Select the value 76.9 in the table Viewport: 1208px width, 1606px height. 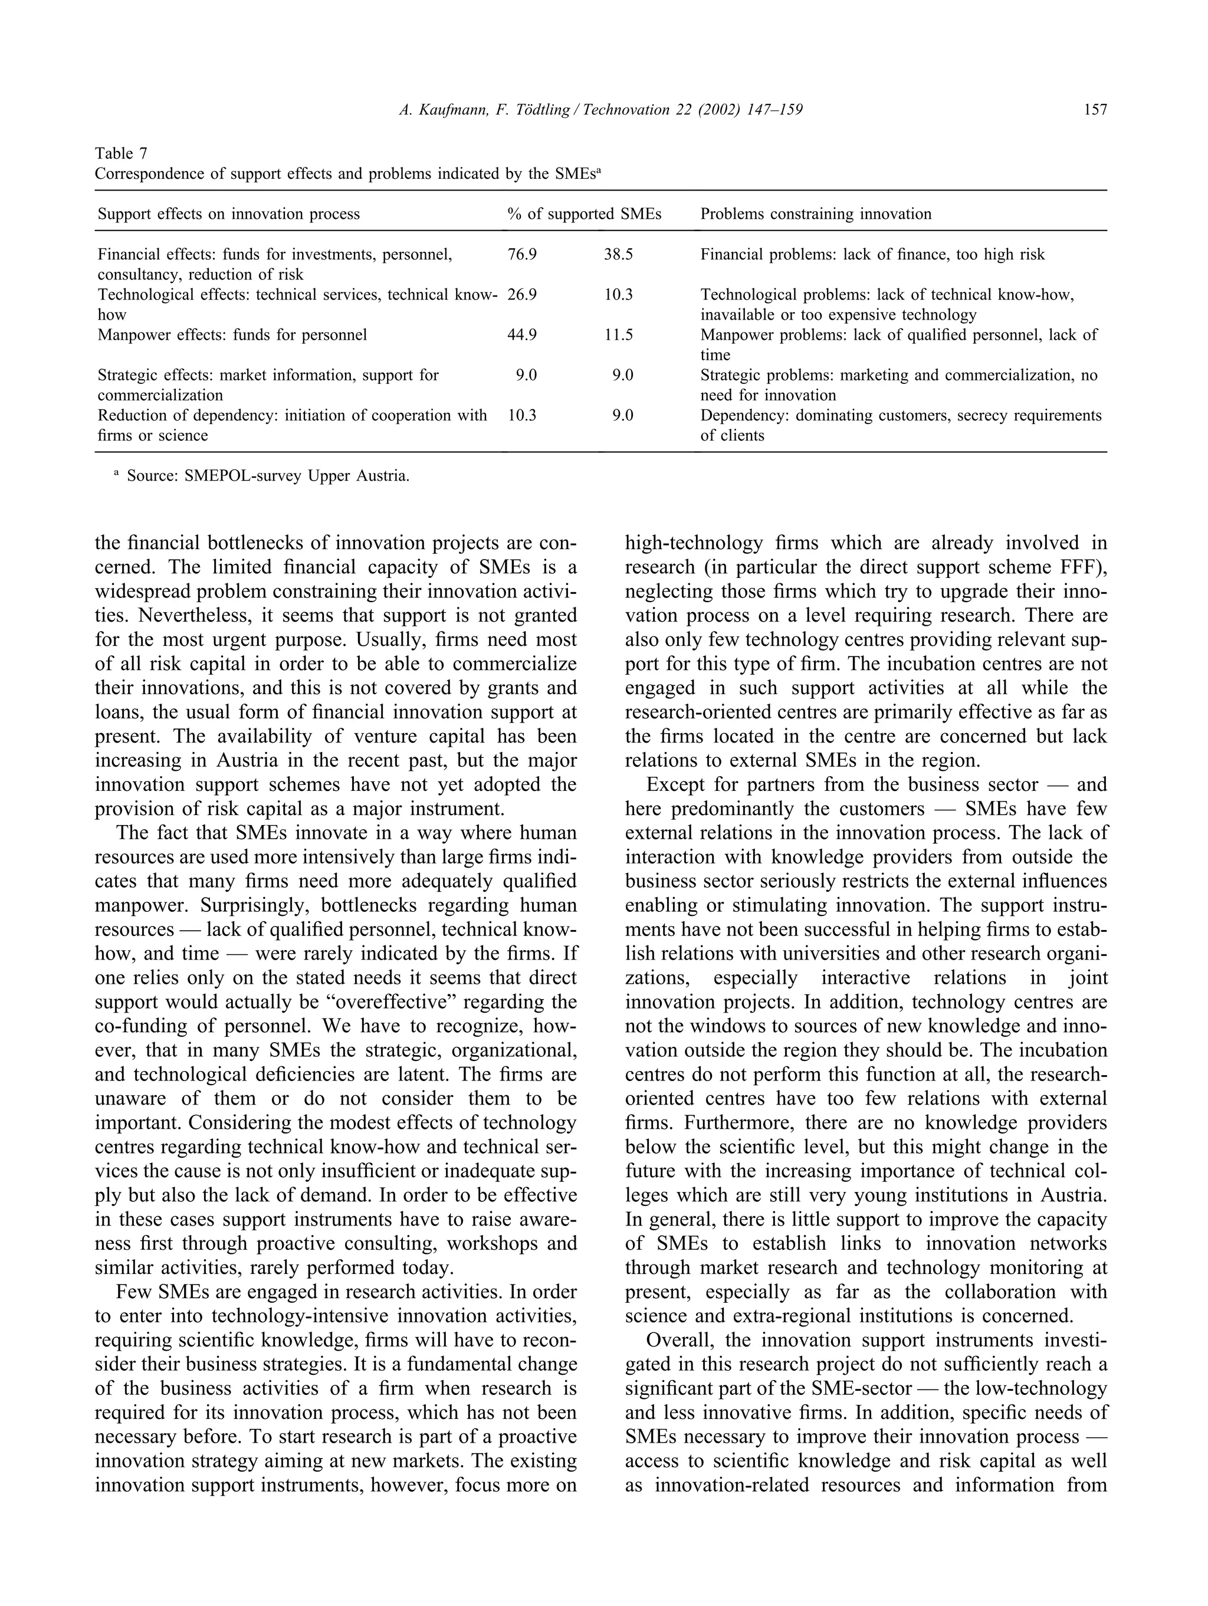click(x=522, y=254)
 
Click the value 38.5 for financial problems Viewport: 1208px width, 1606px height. click(x=619, y=254)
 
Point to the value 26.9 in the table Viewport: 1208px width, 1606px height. click(x=522, y=295)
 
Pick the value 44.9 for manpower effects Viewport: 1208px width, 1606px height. click(x=522, y=334)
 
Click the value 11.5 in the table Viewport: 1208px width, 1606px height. click(x=619, y=334)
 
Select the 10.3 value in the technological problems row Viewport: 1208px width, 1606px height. click(x=619, y=295)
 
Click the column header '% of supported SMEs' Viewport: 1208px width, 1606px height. click(x=585, y=214)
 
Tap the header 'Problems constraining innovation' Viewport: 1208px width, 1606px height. click(x=815, y=214)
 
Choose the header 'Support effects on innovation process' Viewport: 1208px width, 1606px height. click(x=229, y=214)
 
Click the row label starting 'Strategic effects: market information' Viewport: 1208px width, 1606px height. click(x=268, y=375)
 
